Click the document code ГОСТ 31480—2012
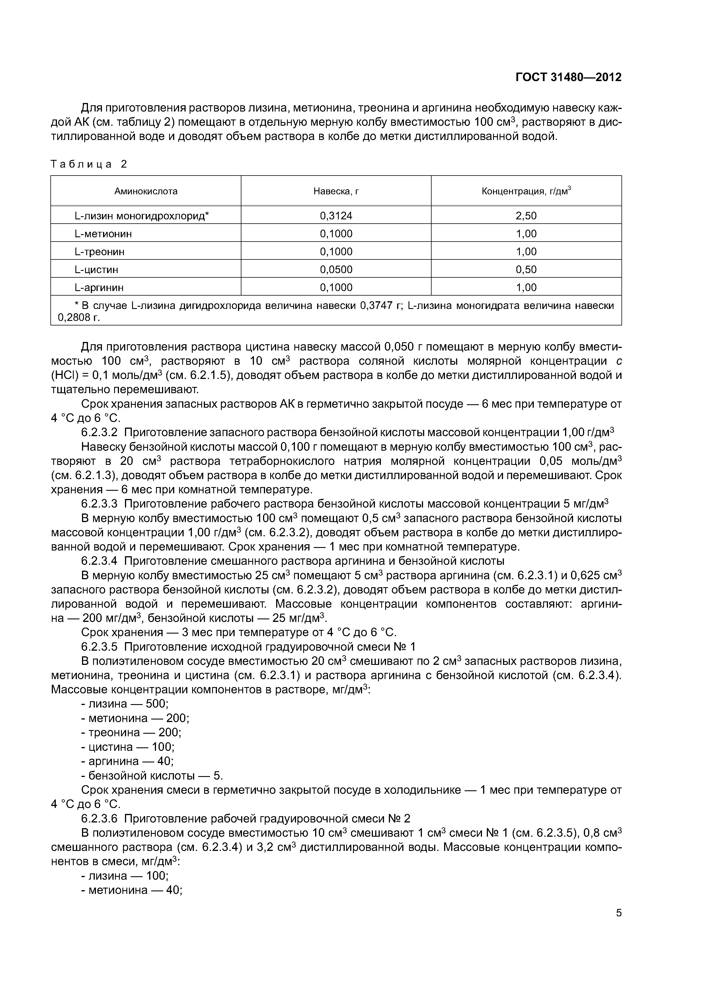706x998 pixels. coord(568,77)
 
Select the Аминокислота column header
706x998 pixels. coord(146,191)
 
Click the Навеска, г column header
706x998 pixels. coord(336,191)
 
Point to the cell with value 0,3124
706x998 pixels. coord(336,216)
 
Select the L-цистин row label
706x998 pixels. coord(96,269)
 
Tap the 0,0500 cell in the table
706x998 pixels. coord(336,269)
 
